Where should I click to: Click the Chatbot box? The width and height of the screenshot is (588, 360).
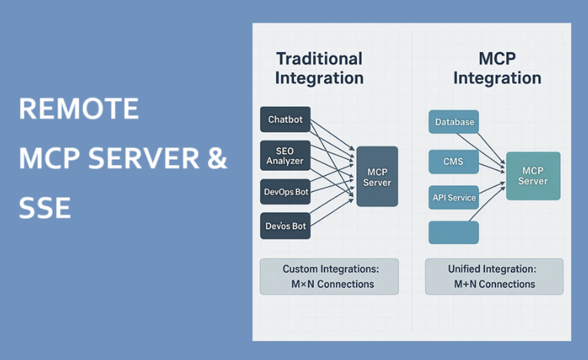coord(286,120)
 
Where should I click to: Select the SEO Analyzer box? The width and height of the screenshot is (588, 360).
coord(286,156)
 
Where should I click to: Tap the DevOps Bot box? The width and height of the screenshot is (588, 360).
coord(286,192)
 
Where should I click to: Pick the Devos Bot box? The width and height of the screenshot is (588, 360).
coord(286,226)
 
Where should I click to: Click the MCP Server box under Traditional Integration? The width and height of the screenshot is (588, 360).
coord(377,177)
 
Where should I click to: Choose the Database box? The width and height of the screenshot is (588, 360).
coord(454,122)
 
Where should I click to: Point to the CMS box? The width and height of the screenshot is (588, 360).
coord(453,162)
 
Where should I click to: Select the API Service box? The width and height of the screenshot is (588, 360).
coord(454,198)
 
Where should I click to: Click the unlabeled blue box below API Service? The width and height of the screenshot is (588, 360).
coord(453,233)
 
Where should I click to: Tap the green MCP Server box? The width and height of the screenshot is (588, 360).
coord(533,176)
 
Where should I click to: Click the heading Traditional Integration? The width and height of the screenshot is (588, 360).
coord(319,68)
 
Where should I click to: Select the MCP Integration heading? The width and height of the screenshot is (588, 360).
coord(497,68)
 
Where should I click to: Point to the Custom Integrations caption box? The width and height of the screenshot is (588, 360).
coord(329,276)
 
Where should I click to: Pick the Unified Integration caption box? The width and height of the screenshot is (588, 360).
coord(494,276)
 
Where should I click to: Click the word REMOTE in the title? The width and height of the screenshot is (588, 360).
coord(79,110)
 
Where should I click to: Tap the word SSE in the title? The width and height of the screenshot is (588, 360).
coord(45,207)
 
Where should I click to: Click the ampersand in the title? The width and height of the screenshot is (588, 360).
coord(217,159)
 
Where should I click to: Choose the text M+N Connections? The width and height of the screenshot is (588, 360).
coord(495,284)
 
